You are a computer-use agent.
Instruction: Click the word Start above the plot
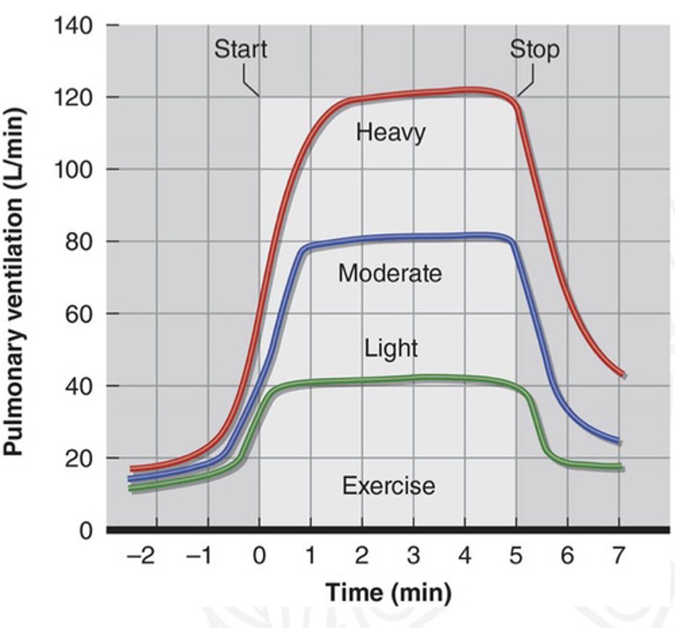pos(240,49)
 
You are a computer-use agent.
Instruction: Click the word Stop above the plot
pos(534,49)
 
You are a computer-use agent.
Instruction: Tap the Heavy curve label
pos(390,132)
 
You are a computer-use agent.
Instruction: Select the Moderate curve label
pos(390,273)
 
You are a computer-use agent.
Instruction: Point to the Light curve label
pos(391,348)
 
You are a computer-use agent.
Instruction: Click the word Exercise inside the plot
pos(388,485)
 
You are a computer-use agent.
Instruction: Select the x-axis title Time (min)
pos(388,592)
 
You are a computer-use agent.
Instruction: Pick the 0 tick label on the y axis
pos(86,531)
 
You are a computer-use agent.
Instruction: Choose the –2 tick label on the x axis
pos(141,556)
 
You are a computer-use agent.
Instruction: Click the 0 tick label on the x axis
pos(259,556)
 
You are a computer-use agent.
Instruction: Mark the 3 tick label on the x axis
pos(413,556)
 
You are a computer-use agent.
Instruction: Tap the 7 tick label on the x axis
pos(618,556)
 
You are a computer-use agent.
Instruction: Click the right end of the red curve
pos(622,374)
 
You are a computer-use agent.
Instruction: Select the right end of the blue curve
pos(618,441)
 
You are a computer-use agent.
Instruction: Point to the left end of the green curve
pos(131,489)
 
